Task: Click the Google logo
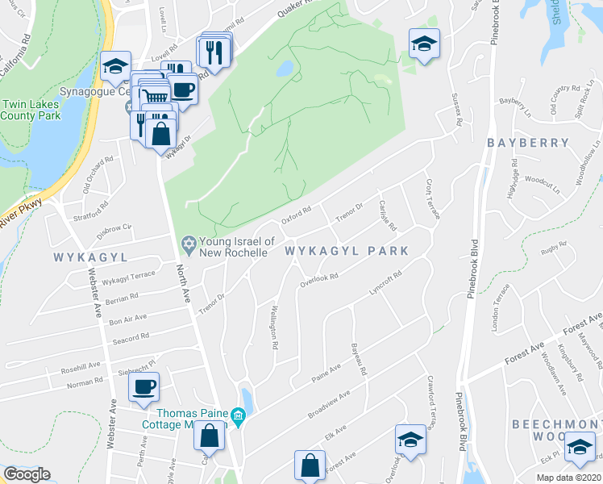coord(27,474)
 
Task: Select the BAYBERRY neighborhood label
coord(528,143)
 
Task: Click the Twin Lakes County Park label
coord(31,110)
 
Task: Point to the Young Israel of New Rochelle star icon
coord(188,243)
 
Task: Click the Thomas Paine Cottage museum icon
coord(237,417)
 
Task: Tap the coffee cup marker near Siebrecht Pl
coord(144,387)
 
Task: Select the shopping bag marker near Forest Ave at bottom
coord(310,465)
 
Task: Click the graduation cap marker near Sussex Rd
coord(424,44)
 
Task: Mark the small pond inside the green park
coord(285,69)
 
